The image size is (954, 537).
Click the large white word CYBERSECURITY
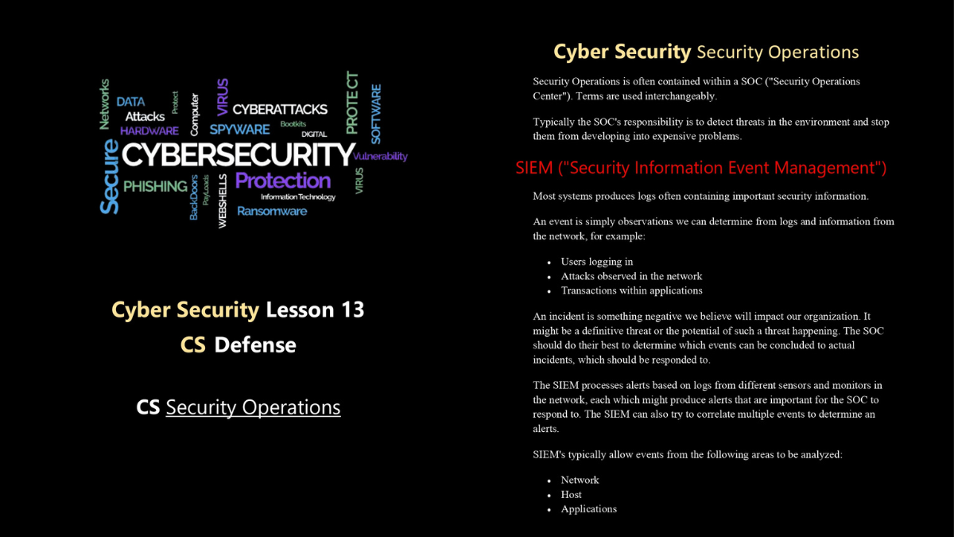coord(238,154)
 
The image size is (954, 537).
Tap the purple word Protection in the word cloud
coord(283,181)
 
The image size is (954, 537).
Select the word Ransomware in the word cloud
coord(272,211)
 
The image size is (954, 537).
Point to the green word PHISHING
coord(155,186)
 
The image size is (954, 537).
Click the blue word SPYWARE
coord(240,129)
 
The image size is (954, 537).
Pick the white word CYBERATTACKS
coord(280,110)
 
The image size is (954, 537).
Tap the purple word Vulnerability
coord(380,157)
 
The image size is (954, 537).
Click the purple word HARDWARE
coord(149,130)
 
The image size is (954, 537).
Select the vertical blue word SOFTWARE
coord(376,114)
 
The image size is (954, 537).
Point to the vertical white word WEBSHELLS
coord(223,200)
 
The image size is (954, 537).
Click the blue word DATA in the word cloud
coord(130,102)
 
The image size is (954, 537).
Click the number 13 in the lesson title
coord(352,309)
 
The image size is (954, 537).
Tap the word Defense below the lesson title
coord(255,344)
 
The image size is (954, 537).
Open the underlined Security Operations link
coord(253,407)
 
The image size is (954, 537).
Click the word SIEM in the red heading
coord(534,168)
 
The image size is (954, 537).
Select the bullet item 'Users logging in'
coord(597,262)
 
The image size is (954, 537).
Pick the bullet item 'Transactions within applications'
coord(631,290)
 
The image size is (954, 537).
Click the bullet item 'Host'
coord(571,494)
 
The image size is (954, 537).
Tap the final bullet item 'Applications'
coord(588,509)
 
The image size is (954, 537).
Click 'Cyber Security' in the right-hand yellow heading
coord(622,52)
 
